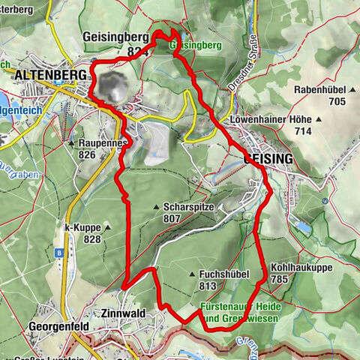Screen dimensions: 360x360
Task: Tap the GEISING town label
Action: pos(268,159)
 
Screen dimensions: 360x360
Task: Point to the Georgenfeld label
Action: pos(59,327)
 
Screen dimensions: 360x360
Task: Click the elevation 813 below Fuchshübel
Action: pos(208,286)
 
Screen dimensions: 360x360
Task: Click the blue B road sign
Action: pos(58,253)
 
